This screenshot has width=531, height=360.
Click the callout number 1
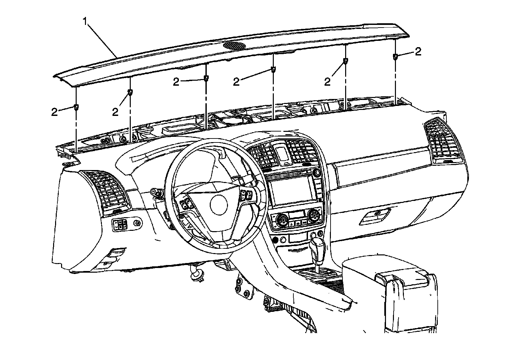[x=86, y=22]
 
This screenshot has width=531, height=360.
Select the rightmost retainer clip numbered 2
[x=396, y=56]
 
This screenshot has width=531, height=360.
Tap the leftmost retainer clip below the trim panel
[x=76, y=107]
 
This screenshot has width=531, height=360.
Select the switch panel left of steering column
[x=120, y=225]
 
